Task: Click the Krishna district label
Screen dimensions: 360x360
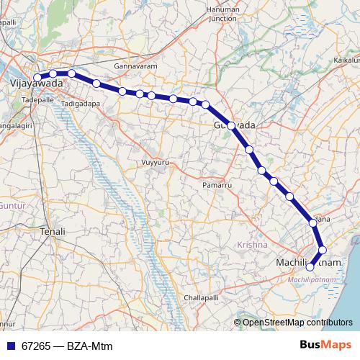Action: click(252, 246)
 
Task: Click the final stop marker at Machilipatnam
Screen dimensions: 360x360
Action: click(310, 267)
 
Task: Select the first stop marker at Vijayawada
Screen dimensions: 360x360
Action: click(37, 77)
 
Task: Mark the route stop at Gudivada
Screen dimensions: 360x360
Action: click(231, 125)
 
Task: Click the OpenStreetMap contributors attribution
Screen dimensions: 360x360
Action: click(297, 323)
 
